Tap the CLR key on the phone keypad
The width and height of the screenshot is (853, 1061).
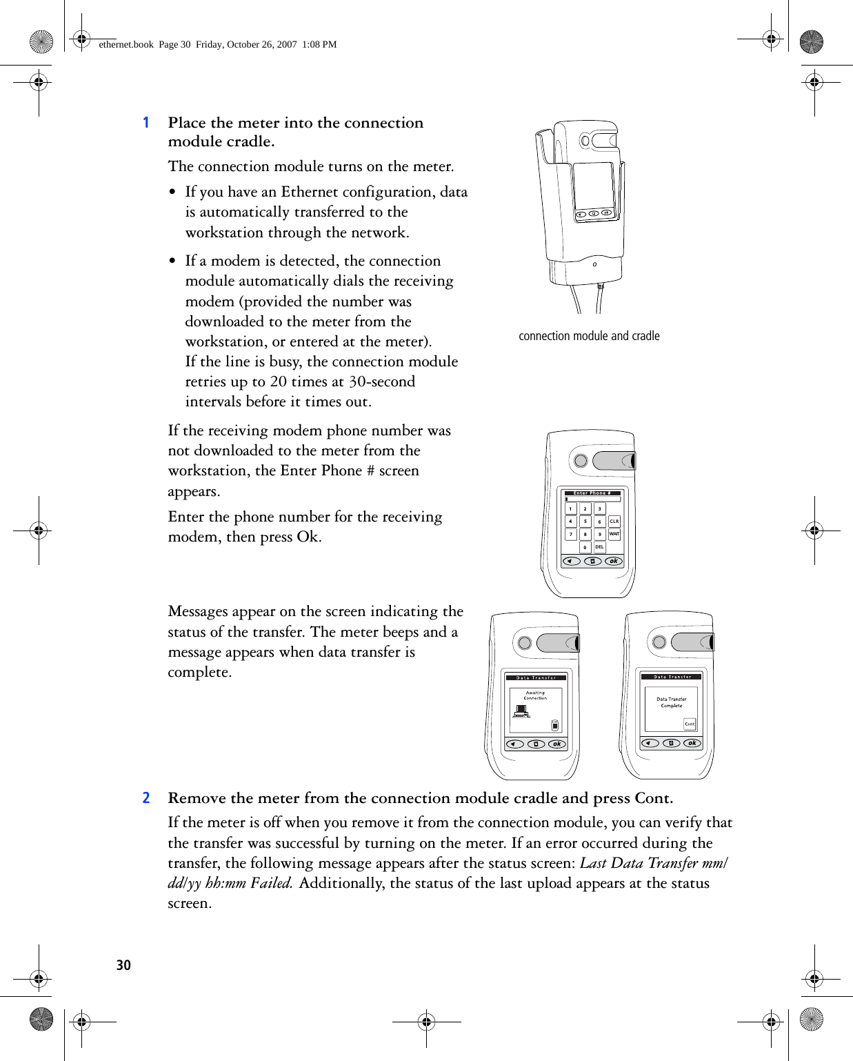(614, 522)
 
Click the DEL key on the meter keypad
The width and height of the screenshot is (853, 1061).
(599, 547)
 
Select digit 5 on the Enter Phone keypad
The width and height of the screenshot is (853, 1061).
(585, 522)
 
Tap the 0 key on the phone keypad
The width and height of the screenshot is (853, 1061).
(585, 547)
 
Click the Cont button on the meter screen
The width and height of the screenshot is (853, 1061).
(690, 724)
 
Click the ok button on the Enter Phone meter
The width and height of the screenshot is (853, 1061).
(613, 562)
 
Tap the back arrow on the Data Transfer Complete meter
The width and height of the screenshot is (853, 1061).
(650, 743)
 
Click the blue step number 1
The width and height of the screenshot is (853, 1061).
(146, 123)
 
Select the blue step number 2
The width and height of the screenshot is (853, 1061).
(146, 798)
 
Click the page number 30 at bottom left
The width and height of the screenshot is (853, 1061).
(123, 965)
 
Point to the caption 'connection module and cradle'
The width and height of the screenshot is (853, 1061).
(589, 336)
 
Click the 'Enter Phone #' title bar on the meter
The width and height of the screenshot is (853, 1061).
(592, 493)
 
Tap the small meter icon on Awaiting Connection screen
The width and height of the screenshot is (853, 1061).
(555, 725)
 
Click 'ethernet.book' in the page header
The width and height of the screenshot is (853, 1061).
(126, 44)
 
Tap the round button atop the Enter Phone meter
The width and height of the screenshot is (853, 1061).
(581, 460)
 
